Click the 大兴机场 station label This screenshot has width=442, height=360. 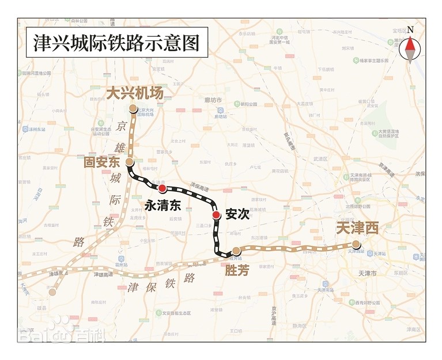pyautogui.click(x=135, y=93)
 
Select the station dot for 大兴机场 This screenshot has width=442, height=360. pyautogui.click(x=133, y=108)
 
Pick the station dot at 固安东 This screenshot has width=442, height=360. pyautogui.click(x=129, y=162)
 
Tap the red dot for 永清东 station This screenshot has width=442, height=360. pyautogui.click(x=163, y=189)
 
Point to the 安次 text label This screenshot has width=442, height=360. pyautogui.click(x=237, y=214)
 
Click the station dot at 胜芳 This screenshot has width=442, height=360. pyautogui.click(x=236, y=250)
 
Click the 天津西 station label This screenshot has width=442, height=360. pyautogui.click(x=357, y=229)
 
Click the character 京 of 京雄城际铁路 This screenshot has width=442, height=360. pyautogui.click(x=121, y=126)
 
